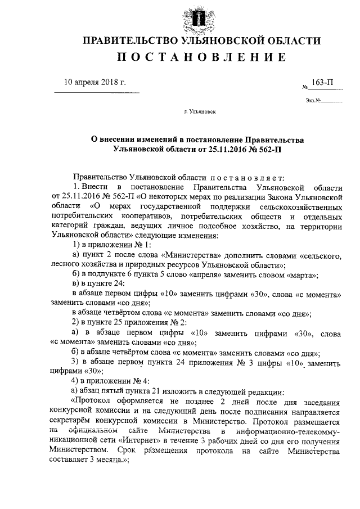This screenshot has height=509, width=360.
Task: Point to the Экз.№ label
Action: [x=313, y=101]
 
